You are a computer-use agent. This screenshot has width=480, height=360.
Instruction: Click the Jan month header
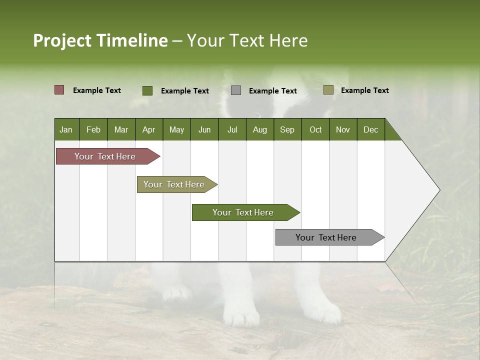click(x=66, y=129)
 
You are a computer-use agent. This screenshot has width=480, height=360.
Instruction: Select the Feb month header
click(x=93, y=129)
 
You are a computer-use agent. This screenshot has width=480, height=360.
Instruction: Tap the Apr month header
click(x=148, y=129)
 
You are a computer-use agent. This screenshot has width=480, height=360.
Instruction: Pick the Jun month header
click(x=204, y=129)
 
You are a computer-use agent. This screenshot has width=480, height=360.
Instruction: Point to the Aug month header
click(x=259, y=129)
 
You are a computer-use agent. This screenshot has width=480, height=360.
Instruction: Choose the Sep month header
click(x=287, y=129)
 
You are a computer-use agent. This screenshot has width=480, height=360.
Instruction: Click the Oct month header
click(x=315, y=129)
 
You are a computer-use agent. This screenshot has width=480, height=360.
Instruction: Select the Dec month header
click(x=370, y=129)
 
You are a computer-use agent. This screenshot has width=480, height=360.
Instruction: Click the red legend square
click(x=59, y=90)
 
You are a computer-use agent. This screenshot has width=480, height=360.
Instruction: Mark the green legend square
click(x=147, y=90)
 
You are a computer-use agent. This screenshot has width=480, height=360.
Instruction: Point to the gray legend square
click(x=236, y=90)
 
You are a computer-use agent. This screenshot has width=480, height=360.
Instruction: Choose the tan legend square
click(x=328, y=90)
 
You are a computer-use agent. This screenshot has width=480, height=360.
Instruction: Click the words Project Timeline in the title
click(x=100, y=40)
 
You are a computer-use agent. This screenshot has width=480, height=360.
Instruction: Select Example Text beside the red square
click(x=97, y=90)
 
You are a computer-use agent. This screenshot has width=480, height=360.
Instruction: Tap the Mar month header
click(x=121, y=129)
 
